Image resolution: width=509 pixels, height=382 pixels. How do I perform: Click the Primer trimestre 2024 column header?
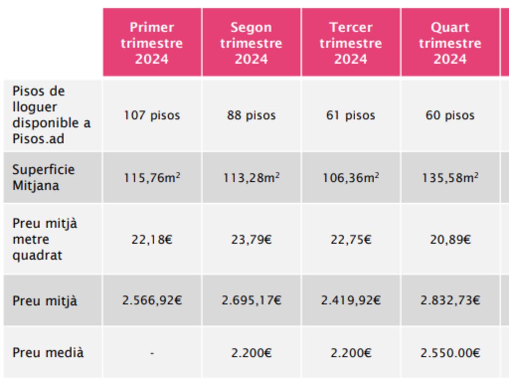152,43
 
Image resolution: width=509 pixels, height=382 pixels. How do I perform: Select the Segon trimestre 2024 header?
251,43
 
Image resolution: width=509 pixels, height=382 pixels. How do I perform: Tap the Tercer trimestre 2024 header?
351,43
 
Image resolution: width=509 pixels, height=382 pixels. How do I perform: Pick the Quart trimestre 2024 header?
450,43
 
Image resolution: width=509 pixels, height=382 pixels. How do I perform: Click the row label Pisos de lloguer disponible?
51,115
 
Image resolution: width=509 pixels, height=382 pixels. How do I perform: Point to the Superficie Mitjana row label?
43,177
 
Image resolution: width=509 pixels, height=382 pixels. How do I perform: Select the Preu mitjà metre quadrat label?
45,239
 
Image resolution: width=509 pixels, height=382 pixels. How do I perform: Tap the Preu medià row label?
48,353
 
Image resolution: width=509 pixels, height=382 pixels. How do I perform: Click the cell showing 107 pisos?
152,115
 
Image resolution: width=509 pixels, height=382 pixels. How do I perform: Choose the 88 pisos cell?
251,115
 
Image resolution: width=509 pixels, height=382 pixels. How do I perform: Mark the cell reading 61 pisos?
351,115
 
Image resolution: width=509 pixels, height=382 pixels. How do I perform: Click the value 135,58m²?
450,177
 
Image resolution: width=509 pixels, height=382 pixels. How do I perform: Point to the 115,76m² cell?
152,177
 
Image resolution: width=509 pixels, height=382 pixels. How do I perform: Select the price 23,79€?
251,240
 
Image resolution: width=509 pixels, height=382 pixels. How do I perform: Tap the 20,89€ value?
450,240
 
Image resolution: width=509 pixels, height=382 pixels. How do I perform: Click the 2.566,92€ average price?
152,301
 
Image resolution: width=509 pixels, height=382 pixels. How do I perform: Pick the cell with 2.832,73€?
450,301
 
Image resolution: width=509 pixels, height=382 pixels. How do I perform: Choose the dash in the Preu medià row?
152,353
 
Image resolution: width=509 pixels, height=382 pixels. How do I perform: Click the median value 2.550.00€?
450,353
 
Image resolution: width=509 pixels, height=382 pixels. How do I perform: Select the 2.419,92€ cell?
351,301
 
